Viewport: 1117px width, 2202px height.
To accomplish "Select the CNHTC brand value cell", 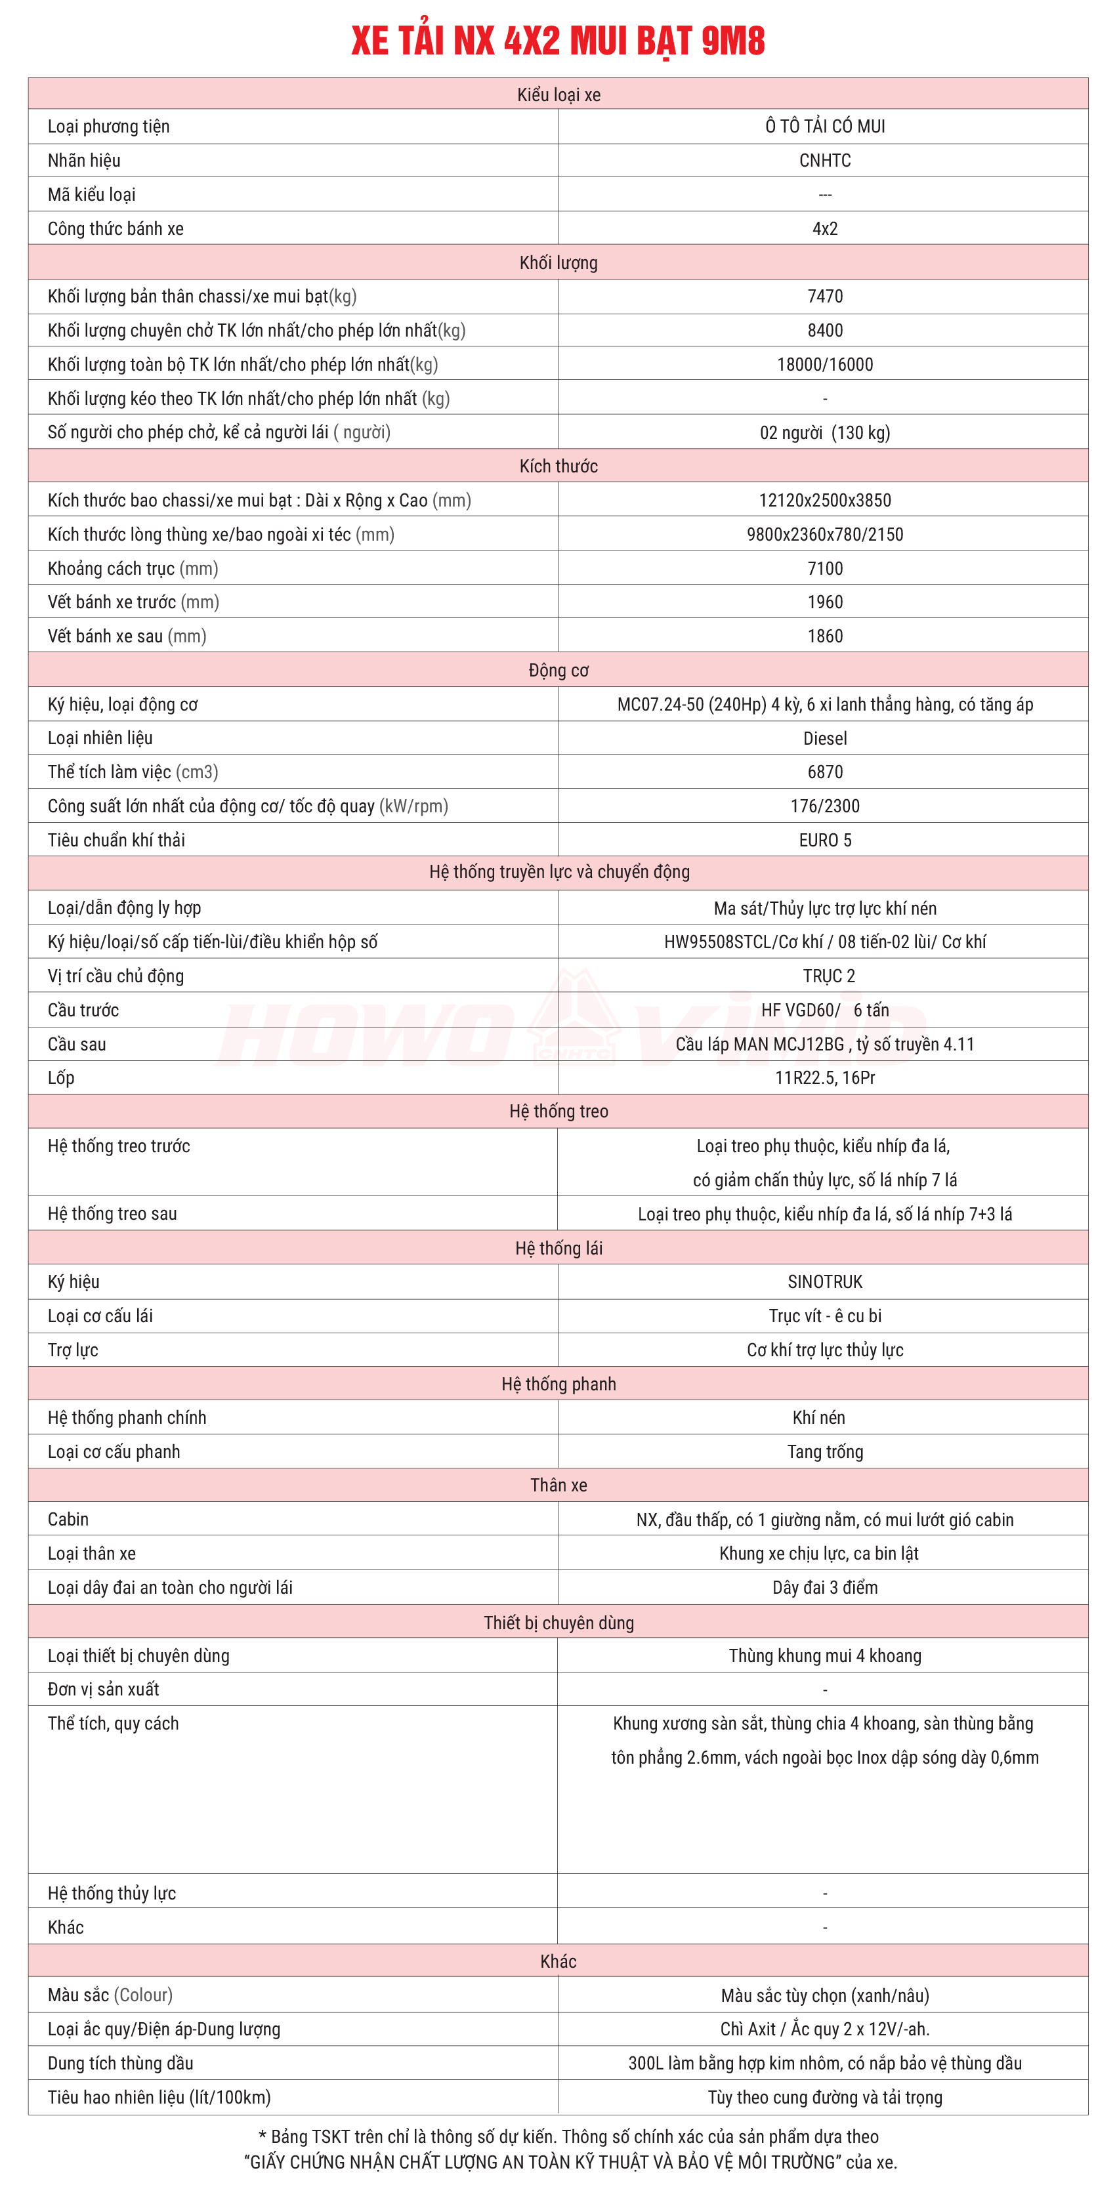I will pos(824,161).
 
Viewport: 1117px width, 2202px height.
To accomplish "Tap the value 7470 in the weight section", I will pos(824,297).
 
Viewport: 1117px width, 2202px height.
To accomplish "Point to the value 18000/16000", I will pos(824,365).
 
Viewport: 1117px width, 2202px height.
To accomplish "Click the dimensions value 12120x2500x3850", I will pos(824,501).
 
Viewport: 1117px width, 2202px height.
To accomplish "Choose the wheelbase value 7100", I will pos(824,568).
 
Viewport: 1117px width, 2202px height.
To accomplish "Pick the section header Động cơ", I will pos(558,670).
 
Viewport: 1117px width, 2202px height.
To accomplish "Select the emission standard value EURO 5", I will pos(824,841).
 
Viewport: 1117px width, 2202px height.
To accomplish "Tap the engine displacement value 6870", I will pos(824,772).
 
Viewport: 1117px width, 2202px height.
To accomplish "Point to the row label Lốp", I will pos(61,1078).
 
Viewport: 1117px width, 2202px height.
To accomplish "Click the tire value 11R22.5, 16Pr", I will pos(824,1078).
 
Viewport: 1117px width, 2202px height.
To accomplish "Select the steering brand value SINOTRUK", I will pos(824,1281).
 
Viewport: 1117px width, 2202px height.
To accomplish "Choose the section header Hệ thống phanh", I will pos(558,1384).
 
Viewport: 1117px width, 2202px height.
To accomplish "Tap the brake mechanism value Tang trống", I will pos(824,1451).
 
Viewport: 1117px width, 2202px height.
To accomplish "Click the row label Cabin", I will pos(68,1519).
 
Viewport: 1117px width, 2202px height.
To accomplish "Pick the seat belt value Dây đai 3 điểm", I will pos(824,1587).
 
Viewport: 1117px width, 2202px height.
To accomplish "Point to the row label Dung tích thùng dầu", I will pos(121,2063).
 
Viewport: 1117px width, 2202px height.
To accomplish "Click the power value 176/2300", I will pos(824,806).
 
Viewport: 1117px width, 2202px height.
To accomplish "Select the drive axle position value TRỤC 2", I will pos(828,976).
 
